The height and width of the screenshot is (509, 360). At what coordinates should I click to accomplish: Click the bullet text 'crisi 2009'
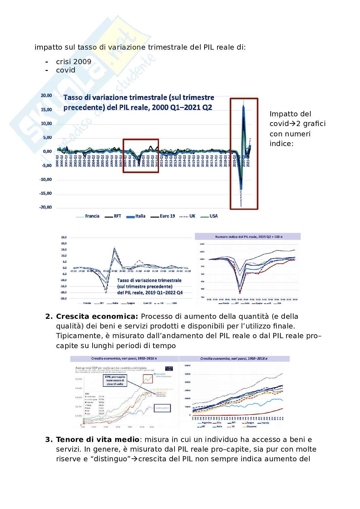pos(74,62)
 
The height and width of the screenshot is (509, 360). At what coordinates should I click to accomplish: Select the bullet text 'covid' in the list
pos(65,70)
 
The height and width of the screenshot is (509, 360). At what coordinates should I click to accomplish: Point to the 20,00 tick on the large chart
pos(46,95)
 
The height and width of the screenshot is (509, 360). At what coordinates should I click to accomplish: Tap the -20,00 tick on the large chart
pos(45,207)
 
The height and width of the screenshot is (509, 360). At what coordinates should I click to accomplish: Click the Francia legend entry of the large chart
pos(92,216)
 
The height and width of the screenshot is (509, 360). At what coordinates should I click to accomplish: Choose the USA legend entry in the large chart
pos(214,216)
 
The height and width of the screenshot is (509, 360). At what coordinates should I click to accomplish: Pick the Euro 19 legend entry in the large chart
pos(167,216)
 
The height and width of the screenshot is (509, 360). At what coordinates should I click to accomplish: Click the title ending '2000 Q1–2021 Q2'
pos(139,102)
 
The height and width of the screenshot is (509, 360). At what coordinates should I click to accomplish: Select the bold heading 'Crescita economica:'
pos(97,316)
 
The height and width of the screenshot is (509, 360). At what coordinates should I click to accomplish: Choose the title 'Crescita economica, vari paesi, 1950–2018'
pos(234,358)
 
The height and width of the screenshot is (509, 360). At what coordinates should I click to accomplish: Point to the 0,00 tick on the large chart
pos(47,152)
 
